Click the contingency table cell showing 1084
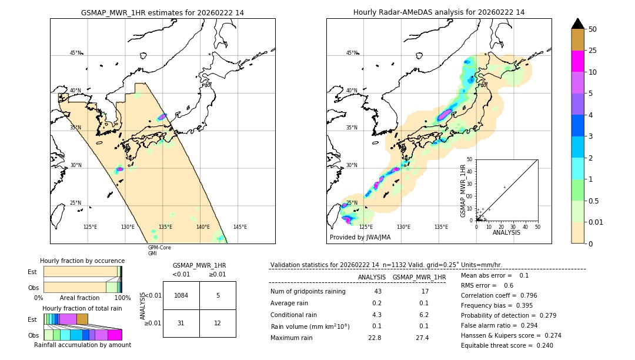[x=181, y=295]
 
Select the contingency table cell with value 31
[x=181, y=323]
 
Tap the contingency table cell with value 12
[x=218, y=323]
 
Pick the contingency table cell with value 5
[x=218, y=295]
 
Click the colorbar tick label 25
[x=593, y=51]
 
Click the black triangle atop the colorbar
[x=578, y=24]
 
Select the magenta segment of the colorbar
[x=578, y=61]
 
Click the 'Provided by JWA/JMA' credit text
[x=360, y=237]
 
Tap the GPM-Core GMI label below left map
[x=159, y=251]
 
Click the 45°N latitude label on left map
[x=75, y=53]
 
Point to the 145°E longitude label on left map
[x=240, y=227]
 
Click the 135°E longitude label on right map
[x=441, y=227]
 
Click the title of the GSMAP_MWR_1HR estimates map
[x=162, y=12]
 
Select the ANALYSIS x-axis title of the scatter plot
[x=506, y=232]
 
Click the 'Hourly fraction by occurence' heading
[x=82, y=261]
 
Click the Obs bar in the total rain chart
[x=82, y=335]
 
